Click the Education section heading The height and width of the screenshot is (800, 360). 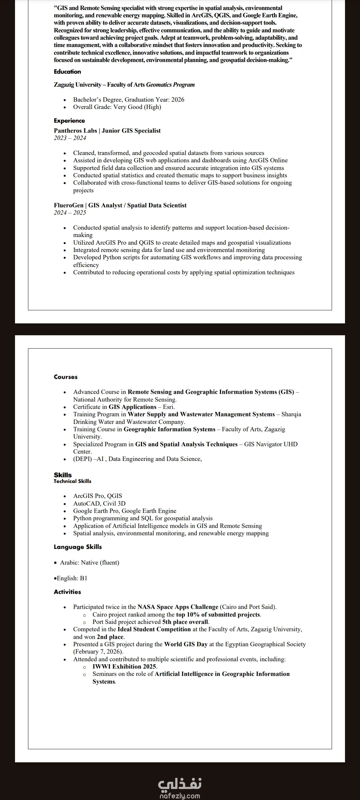pyautogui.click(x=67, y=72)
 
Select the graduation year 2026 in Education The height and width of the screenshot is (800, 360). pyautogui.click(x=177, y=100)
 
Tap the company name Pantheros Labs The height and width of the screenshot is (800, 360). pyautogui.click(x=75, y=131)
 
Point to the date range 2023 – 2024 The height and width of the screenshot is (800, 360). pyautogui.click(x=70, y=138)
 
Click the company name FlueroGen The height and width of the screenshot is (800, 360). pyautogui.click(x=69, y=205)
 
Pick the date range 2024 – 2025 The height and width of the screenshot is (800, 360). pyautogui.click(x=70, y=213)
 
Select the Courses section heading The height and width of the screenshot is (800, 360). pyautogui.click(x=66, y=377)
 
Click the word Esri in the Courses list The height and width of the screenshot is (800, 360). pyautogui.click(x=168, y=407)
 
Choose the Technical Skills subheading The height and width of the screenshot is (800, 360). pyautogui.click(x=72, y=481)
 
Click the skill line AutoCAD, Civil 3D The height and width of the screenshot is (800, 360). pyautogui.click(x=99, y=504)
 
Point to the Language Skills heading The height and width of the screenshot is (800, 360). pyautogui.click(x=78, y=547)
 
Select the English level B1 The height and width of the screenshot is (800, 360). pyautogui.click(x=83, y=578)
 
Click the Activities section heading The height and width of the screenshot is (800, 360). pyautogui.click(x=67, y=592)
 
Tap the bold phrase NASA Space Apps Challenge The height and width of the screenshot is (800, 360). pyautogui.click(x=178, y=607)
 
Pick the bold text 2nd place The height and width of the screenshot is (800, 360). pyautogui.click(x=110, y=637)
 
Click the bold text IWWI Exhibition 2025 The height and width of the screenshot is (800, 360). pyautogui.click(x=124, y=667)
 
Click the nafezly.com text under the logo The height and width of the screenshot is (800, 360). pyautogui.click(x=180, y=796)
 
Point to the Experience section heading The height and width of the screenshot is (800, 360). pyautogui.click(x=69, y=121)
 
